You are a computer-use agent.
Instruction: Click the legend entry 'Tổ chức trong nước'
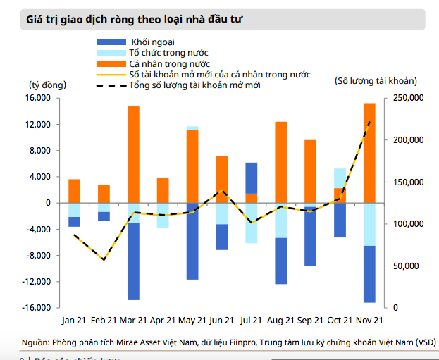(x=168, y=53)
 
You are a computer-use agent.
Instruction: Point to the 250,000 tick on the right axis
(x=407, y=98)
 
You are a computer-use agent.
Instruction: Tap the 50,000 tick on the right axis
(x=405, y=266)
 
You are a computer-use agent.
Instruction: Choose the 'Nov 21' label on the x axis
(x=369, y=321)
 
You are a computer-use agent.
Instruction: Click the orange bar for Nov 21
(x=369, y=153)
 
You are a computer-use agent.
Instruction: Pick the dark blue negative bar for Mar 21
(x=133, y=261)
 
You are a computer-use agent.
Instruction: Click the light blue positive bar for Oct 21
(x=340, y=178)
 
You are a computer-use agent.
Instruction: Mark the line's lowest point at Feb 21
(x=104, y=260)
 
